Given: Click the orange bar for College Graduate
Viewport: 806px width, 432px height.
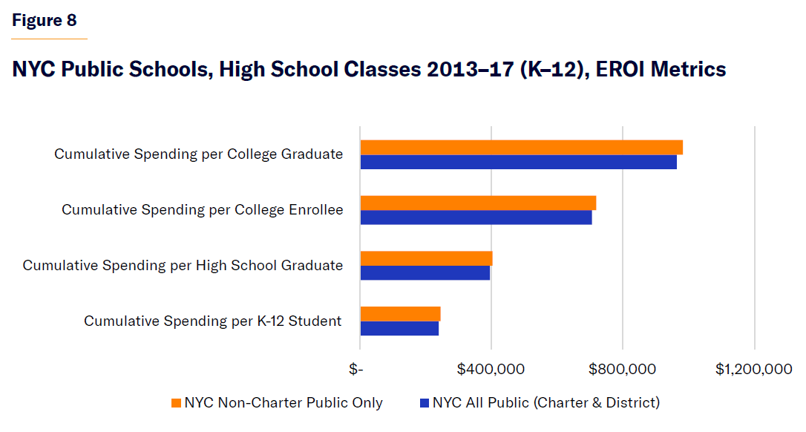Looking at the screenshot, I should click(x=521, y=147).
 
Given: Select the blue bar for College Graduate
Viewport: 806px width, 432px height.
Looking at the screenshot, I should click(x=518, y=162).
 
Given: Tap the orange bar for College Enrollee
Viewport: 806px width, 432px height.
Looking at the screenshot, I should click(x=478, y=203).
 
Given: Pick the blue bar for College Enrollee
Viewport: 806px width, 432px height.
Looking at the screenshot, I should click(x=476, y=217).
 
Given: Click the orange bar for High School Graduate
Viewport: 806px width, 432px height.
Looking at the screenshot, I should click(x=426, y=258).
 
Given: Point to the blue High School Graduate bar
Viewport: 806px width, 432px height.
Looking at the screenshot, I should click(x=425, y=273).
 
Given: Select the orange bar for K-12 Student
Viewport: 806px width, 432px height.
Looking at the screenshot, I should click(x=400, y=314).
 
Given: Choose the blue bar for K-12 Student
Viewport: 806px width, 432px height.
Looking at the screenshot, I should click(x=399, y=328).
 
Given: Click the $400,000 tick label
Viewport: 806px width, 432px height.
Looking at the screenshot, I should click(x=491, y=369).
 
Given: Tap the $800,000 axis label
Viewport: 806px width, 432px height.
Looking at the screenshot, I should click(x=622, y=369).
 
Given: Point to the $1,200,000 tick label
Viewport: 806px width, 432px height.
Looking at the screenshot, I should click(x=754, y=369).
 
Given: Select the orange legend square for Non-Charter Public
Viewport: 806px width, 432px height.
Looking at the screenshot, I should click(x=176, y=403).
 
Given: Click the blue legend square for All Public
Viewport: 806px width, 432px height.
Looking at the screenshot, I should click(x=425, y=403).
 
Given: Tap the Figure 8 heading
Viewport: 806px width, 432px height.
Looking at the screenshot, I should click(x=45, y=20).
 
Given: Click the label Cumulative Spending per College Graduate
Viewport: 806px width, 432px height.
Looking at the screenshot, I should click(x=198, y=154).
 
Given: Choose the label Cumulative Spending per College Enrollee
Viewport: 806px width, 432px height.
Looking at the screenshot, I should click(x=202, y=210).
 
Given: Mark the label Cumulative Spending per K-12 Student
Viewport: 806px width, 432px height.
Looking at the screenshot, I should click(x=212, y=321).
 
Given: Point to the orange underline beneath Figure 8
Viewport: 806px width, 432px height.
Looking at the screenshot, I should click(x=49, y=38).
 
